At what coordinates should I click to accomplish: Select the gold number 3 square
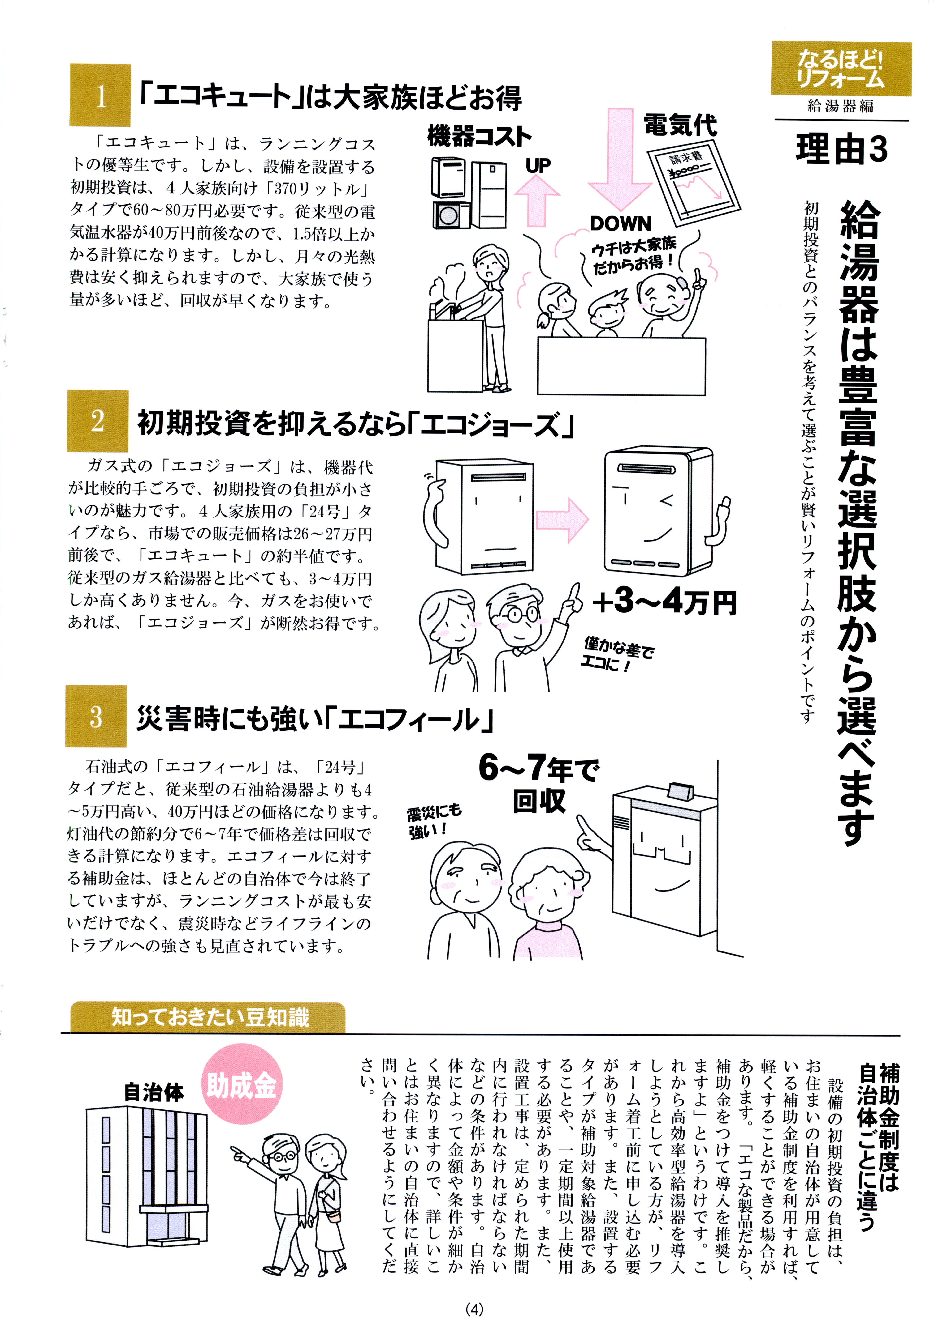96,716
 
